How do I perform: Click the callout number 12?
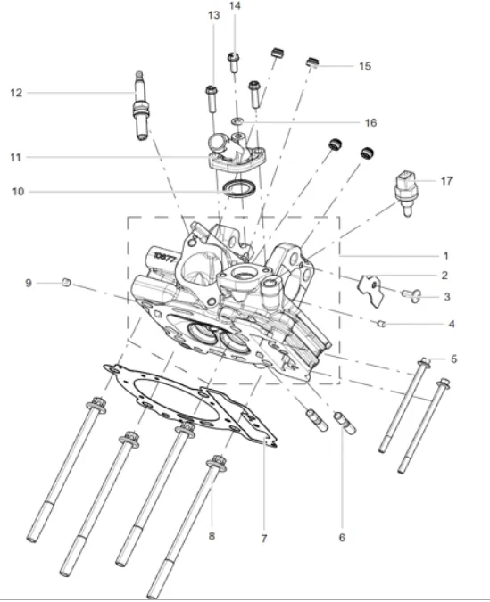[x=16, y=93]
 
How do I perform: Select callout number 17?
[x=446, y=181]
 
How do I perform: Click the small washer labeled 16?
[x=237, y=121]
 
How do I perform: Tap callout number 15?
[x=365, y=66]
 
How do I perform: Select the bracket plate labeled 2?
[x=371, y=290]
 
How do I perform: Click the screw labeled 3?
[x=411, y=294]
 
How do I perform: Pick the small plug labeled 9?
[x=66, y=283]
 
